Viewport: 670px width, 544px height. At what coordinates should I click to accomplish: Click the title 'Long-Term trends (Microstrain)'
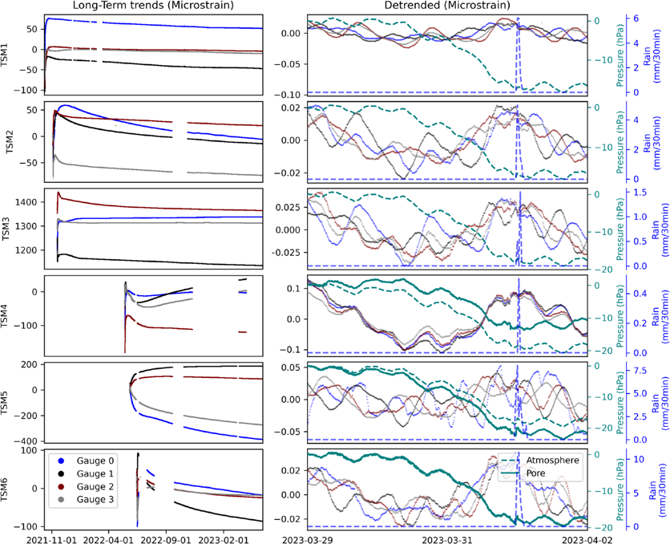coord(153,6)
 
